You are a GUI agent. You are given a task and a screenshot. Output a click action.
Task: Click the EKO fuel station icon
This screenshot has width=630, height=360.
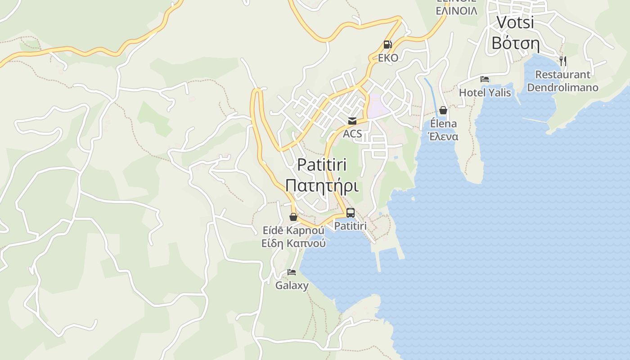(x=387, y=45)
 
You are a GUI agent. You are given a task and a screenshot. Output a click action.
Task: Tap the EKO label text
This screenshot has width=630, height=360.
(x=388, y=58)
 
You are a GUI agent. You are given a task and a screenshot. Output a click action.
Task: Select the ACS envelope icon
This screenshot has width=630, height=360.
(x=352, y=121)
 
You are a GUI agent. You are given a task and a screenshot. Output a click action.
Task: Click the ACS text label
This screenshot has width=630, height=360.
(x=352, y=134)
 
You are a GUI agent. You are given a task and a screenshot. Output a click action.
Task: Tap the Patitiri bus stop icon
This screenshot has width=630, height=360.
(x=351, y=213)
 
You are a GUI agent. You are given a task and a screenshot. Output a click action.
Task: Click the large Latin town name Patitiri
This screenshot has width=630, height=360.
(x=322, y=165)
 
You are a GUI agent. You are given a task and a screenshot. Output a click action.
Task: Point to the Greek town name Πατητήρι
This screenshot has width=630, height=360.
(x=322, y=185)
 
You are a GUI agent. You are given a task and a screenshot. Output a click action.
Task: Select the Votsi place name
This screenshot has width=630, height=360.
(x=515, y=22)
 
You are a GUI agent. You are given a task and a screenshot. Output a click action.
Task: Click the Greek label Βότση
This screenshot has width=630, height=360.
(x=515, y=43)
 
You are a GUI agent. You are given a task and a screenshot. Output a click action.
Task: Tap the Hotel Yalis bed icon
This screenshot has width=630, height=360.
(x=485, y=79)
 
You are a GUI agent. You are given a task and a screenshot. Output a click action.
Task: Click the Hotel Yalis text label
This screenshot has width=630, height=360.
(x=485, y=93)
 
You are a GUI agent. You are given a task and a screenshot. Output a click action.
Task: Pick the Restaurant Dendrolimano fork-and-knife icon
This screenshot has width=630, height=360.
(x=562, y=61)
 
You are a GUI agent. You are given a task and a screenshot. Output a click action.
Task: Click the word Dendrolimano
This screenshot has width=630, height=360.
(x=562, y=87)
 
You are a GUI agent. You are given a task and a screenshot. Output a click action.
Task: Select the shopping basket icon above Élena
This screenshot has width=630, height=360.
(x=443, y=110)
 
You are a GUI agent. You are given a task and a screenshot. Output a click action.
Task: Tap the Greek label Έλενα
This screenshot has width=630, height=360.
(x=443, y=137)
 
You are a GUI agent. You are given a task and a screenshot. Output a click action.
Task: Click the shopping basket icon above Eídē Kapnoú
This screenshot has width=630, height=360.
(x=293, y=217)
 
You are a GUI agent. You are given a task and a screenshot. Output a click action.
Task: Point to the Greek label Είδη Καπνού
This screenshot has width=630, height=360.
(x=294, y=243)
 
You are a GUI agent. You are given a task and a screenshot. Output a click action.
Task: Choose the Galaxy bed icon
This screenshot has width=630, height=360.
(x=292, y=272)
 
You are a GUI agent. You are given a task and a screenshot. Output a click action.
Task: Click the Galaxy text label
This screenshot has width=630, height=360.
(x=292, y=285)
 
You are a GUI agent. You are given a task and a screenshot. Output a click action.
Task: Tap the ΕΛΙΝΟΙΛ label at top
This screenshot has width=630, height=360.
(x=456, y=11)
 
